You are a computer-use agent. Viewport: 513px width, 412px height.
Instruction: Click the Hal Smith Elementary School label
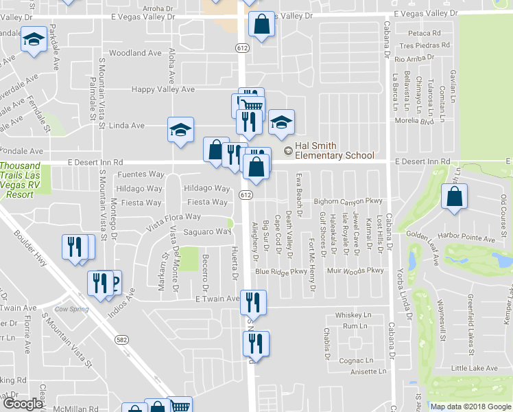(335, 150)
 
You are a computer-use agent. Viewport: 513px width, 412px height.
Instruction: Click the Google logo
(23, 404)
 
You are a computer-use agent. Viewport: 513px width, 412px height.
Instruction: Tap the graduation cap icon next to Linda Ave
(182, 130)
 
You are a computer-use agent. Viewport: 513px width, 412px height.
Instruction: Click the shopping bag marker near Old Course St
(455, 197)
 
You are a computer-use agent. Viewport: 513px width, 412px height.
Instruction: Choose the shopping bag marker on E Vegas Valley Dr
(263, 26)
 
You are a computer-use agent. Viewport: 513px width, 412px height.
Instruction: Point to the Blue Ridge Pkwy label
(281, 271)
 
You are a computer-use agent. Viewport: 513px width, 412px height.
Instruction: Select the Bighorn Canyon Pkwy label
(347, 202)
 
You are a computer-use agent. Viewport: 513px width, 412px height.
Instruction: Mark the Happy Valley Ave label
(164, 89)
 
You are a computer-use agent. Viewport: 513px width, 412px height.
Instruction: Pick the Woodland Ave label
(135, 53)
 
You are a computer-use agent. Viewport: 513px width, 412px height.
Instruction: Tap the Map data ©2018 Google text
(470, 407)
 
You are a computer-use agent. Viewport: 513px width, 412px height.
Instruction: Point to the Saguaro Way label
(207, 232)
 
